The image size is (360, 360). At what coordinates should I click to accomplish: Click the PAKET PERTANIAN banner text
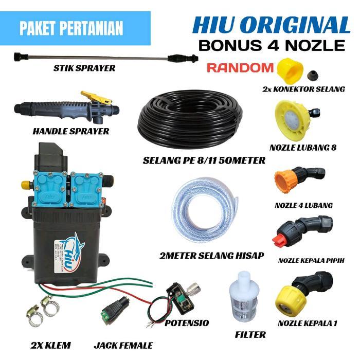pos(71,28)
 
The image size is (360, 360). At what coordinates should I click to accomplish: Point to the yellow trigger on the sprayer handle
pos(95,97)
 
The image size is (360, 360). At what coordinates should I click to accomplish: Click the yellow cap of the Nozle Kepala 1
pos(290,300)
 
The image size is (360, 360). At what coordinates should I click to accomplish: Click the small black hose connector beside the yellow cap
pos(312,77)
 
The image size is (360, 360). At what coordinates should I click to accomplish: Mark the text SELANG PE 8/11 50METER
pos(204,160)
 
